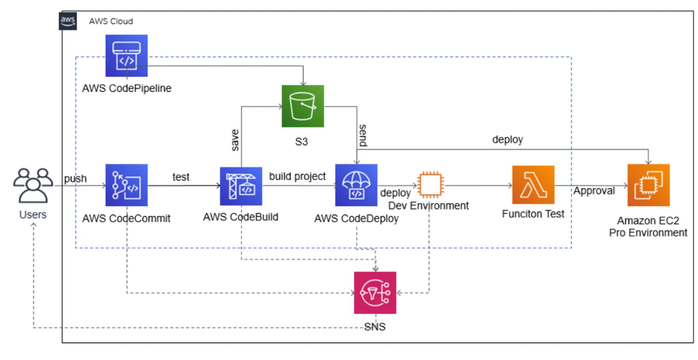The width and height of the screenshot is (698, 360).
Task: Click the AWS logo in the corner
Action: pyautogui.click(x=67, y=21)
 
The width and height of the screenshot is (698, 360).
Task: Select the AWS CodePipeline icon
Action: pyautogui.click(x=126, y=56)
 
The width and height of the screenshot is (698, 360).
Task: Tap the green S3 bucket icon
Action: pyautogui.click(x=303, y=106)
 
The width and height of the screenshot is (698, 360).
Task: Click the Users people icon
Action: pyautogui.click(x=33, y=185)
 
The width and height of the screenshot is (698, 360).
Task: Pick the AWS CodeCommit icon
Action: pyautogui.click(x=126, y=185)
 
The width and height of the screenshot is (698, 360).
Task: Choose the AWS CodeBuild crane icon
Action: pyautogui.click(x=241, y=186)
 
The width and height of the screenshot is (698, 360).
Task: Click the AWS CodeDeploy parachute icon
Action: pyautogui.click(x=356, y=185)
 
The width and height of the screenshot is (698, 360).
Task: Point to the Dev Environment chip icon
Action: pyautogui.click(x=430, y=185)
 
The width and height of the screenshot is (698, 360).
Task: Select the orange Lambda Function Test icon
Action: pyautogui.click(x=533, y=185)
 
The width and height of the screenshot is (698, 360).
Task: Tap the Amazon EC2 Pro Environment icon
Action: pyautogui.click(x=648, y=185)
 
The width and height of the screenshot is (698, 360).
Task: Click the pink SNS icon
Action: pyautogui.click(x=375, y=293)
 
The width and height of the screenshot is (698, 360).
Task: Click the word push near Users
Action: pyautogui.click(x=75, y=178)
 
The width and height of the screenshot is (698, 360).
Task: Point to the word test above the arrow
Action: pyautogui.click(x=181, y=177)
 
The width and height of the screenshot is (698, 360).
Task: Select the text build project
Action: pyautogui.click(x=297, y=176)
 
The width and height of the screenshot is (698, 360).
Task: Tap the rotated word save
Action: pyautogui.click(x=235, y=140)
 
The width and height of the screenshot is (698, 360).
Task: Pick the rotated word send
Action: pyautogui.click(x=363, y=136)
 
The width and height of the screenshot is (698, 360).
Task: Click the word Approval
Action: pyautogui.click(x=594, y=191)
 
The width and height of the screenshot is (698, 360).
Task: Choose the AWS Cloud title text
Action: pyautogui.click(x=111, y=21)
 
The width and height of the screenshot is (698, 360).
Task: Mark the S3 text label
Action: pyautogui.click(x=301, y=142)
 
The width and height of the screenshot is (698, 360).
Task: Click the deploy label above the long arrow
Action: pyautogui.click(x=507, y=140)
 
